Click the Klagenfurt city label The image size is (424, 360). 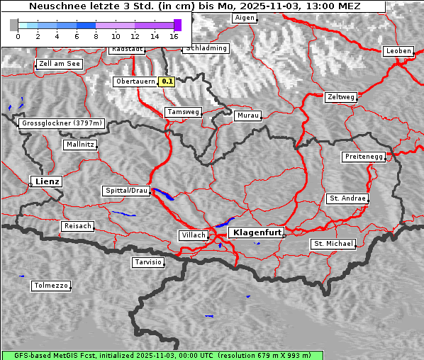pyautogui.click(x=256, y=232)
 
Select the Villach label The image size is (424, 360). pyautogui.click(x=193, y=235)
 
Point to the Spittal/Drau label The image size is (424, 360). pyautogui.click(x=126, y=191)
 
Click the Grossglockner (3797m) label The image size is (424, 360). pyautogui.click(x=62, y=123)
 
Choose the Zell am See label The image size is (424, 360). pyautogui.click(x=60, y=64)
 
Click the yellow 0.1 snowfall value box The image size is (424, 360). pyautogui.click(x=167, y=81)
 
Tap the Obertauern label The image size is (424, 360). pyautogui.click(x=135, y=81)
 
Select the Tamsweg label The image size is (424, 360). pyautogui.click(x=184, y=112)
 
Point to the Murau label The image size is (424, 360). pyautogui.click(x=248, y=115)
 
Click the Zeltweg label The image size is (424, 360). pyautogui.click(x=341, y=97)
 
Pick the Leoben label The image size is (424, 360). pyautogui.click(x=398, y=51)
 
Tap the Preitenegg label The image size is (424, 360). pyautogui.click(x=364, y=157)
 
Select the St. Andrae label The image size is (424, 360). pyautogui.click(x=347, y=198)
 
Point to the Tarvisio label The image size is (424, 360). pyautogui.click(x=148, y=262)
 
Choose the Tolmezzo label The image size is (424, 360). pyautogui.click(x=50, y=286)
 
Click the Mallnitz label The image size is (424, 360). pyautogui.click(x=79, y=145)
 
